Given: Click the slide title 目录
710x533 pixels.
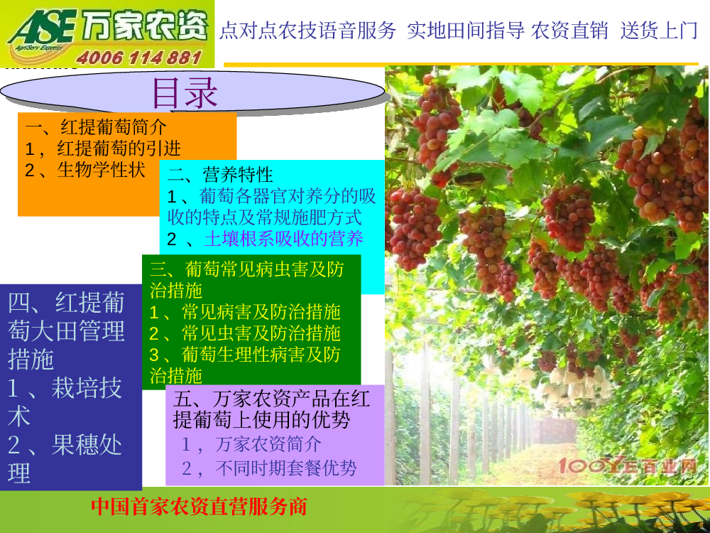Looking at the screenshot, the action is click(x=185, y=92).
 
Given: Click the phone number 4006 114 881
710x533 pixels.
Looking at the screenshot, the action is click(x=138, y=58).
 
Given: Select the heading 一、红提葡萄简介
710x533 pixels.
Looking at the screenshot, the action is click(x=96, y=127).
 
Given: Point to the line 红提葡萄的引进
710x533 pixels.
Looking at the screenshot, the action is click(x=119, y=149).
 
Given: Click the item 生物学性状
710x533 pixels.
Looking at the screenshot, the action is click(x=101, y=170).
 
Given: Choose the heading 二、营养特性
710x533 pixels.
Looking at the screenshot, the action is click(x=221, y=175).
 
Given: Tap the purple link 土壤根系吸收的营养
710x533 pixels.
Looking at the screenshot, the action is click(x=284, y=239).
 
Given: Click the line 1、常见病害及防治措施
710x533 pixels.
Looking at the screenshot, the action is click(x=245, y=312).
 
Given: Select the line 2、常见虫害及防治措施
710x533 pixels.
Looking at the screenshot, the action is click(x=245, y=333).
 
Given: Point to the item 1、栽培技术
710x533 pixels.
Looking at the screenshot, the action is click(x=65, y=402).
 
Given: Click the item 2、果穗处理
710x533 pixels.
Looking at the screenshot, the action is click(x=65, y=458).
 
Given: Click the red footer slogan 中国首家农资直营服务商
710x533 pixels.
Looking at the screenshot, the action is click(x=200, y=506).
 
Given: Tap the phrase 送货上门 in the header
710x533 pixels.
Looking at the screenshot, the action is click(x=660, y=31).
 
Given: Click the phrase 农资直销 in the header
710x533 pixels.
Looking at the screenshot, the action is click(x=569, y=31).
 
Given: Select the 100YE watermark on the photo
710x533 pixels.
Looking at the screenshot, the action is click(x=627, y=465).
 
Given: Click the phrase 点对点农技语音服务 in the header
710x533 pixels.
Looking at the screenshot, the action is click(x=308, y=31).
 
